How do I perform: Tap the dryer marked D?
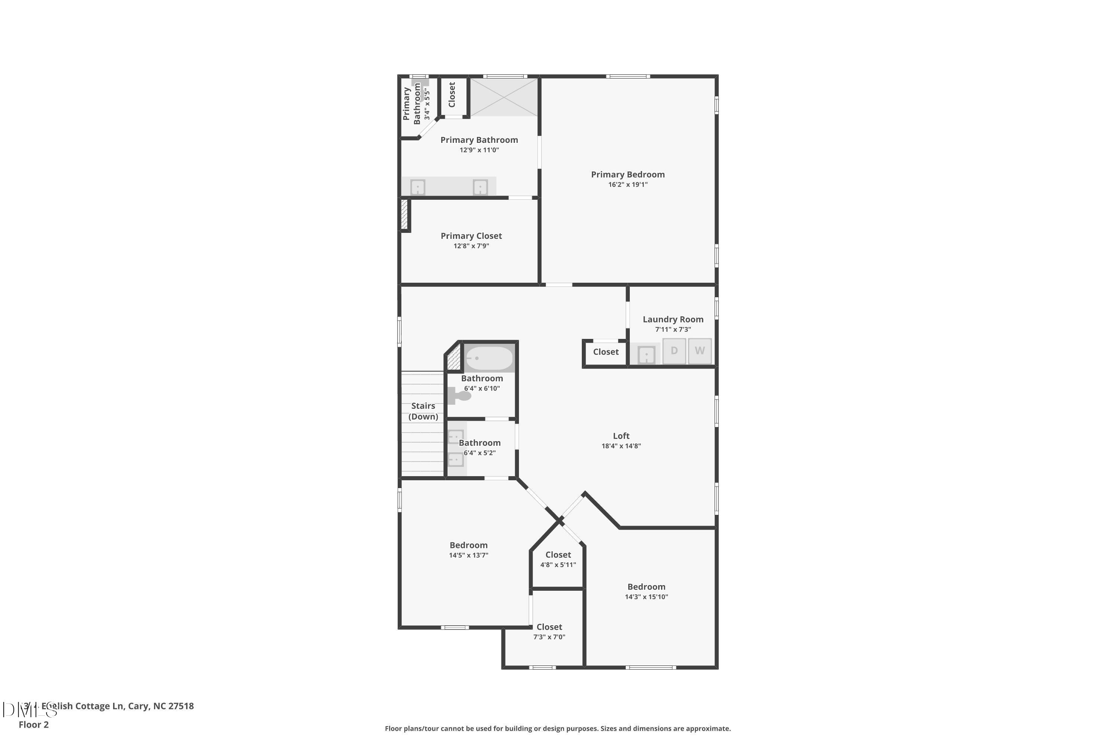pyautogui.click(x=674, y=351)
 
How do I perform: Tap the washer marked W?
pyautogui.click(x=699, y=351)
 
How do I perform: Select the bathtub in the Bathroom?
pyautogui.click(x=489, y=359)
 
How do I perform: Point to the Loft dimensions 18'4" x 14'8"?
pyautogui.click(x=621, y=446)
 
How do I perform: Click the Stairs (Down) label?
pyautogui.click(x=423, y=411)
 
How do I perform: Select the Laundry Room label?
pyautogui.click(x=673, y=319)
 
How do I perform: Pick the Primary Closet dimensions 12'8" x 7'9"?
pyautogui.click(x=471, y=246)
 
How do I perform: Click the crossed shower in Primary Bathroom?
pyautogui.click(x=504, y=97)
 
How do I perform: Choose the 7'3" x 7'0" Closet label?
pyautogui.click(x=549, y=627)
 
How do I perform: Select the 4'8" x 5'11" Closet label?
pyautogui.click(x=558, y=555)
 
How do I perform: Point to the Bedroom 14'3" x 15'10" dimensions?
pyautogui.click(x=646, y=597)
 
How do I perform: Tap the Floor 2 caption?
pyautogui.click(x=34, y=725)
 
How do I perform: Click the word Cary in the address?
pyautogui.click(x=138, y=706)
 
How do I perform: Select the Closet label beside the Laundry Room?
pyautogui.click(x=606, y=352)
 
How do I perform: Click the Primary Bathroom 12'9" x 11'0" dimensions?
pyautogui.click(x=479, y=150)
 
